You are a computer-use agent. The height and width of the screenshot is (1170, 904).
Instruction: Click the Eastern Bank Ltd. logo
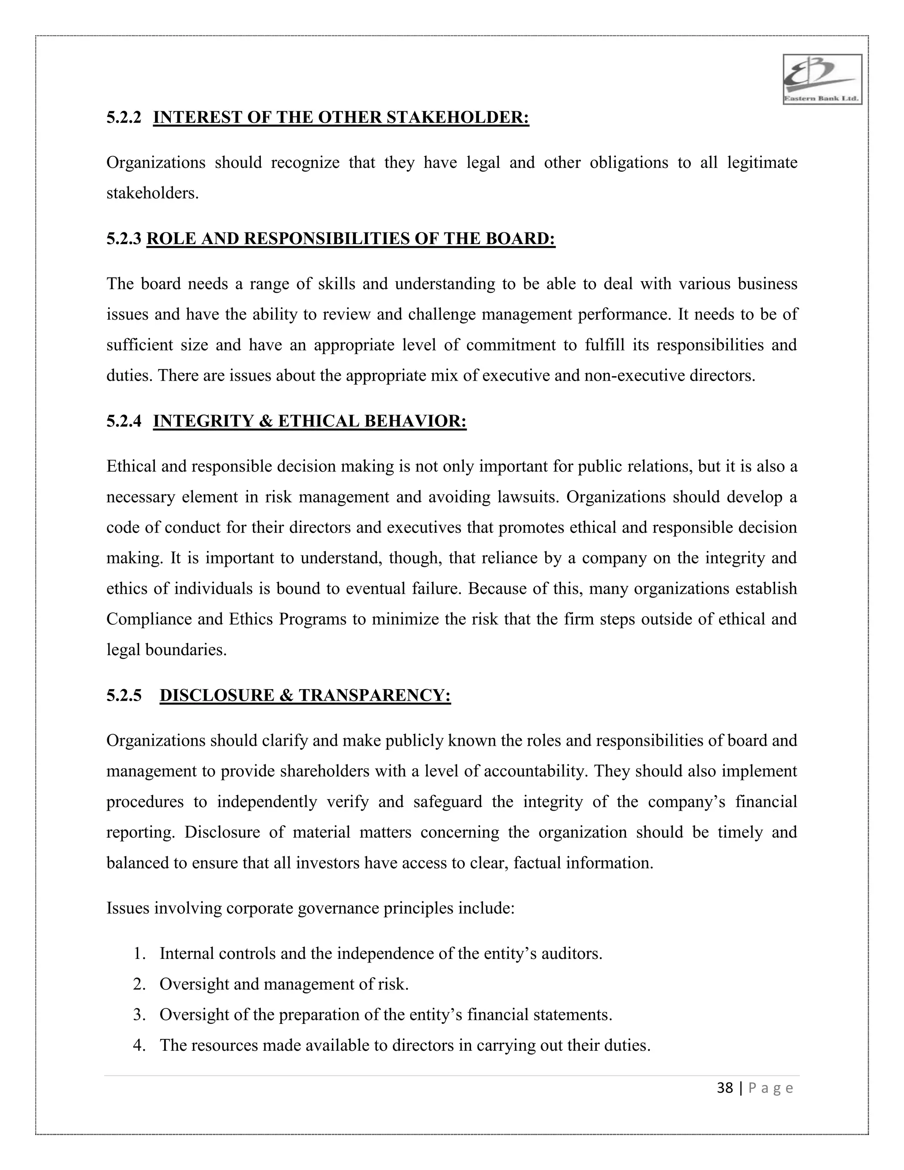(x=822, y=79)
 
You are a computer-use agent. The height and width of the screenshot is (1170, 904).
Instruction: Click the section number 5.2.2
(x=124, y=118)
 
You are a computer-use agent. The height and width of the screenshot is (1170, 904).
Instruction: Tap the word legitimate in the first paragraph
(x=762, y=163)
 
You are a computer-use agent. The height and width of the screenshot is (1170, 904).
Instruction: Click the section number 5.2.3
(x=124, y=239)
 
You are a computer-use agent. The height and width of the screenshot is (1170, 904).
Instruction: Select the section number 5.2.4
(x=124, y=422)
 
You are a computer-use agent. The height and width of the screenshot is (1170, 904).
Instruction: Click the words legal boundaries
(x=166, y=650)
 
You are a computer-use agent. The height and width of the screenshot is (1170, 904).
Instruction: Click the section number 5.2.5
(x=124, y=695)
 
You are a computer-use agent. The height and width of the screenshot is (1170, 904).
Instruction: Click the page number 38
(x=725, y=1088)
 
